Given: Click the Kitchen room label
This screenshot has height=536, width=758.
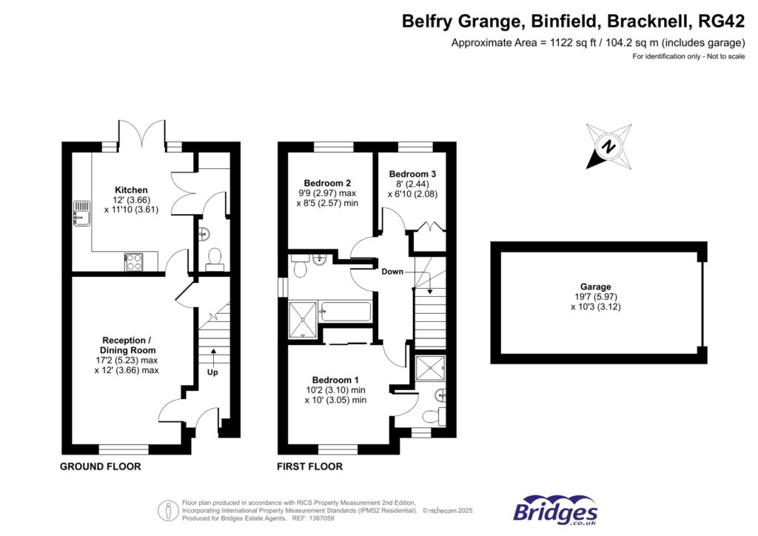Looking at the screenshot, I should (x=131, y=190).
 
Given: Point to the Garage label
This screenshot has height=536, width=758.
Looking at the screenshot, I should (x=595, y=287).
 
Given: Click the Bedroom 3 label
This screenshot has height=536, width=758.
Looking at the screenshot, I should (x=412, y=174).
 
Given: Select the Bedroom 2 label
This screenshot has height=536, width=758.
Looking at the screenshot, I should (x=327, y=183).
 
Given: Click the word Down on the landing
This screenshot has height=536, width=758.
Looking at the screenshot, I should (x=392, y=272).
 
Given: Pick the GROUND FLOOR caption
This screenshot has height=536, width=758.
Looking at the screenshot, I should (x=100, y=467).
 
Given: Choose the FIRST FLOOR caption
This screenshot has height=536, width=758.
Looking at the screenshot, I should (x=309, y=467).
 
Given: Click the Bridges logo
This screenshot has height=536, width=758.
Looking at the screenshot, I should (x=555, y=510).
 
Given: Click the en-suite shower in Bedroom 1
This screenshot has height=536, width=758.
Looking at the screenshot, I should (x=429, y=367).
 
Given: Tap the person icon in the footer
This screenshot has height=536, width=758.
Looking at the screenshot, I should (x=169, y=510).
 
